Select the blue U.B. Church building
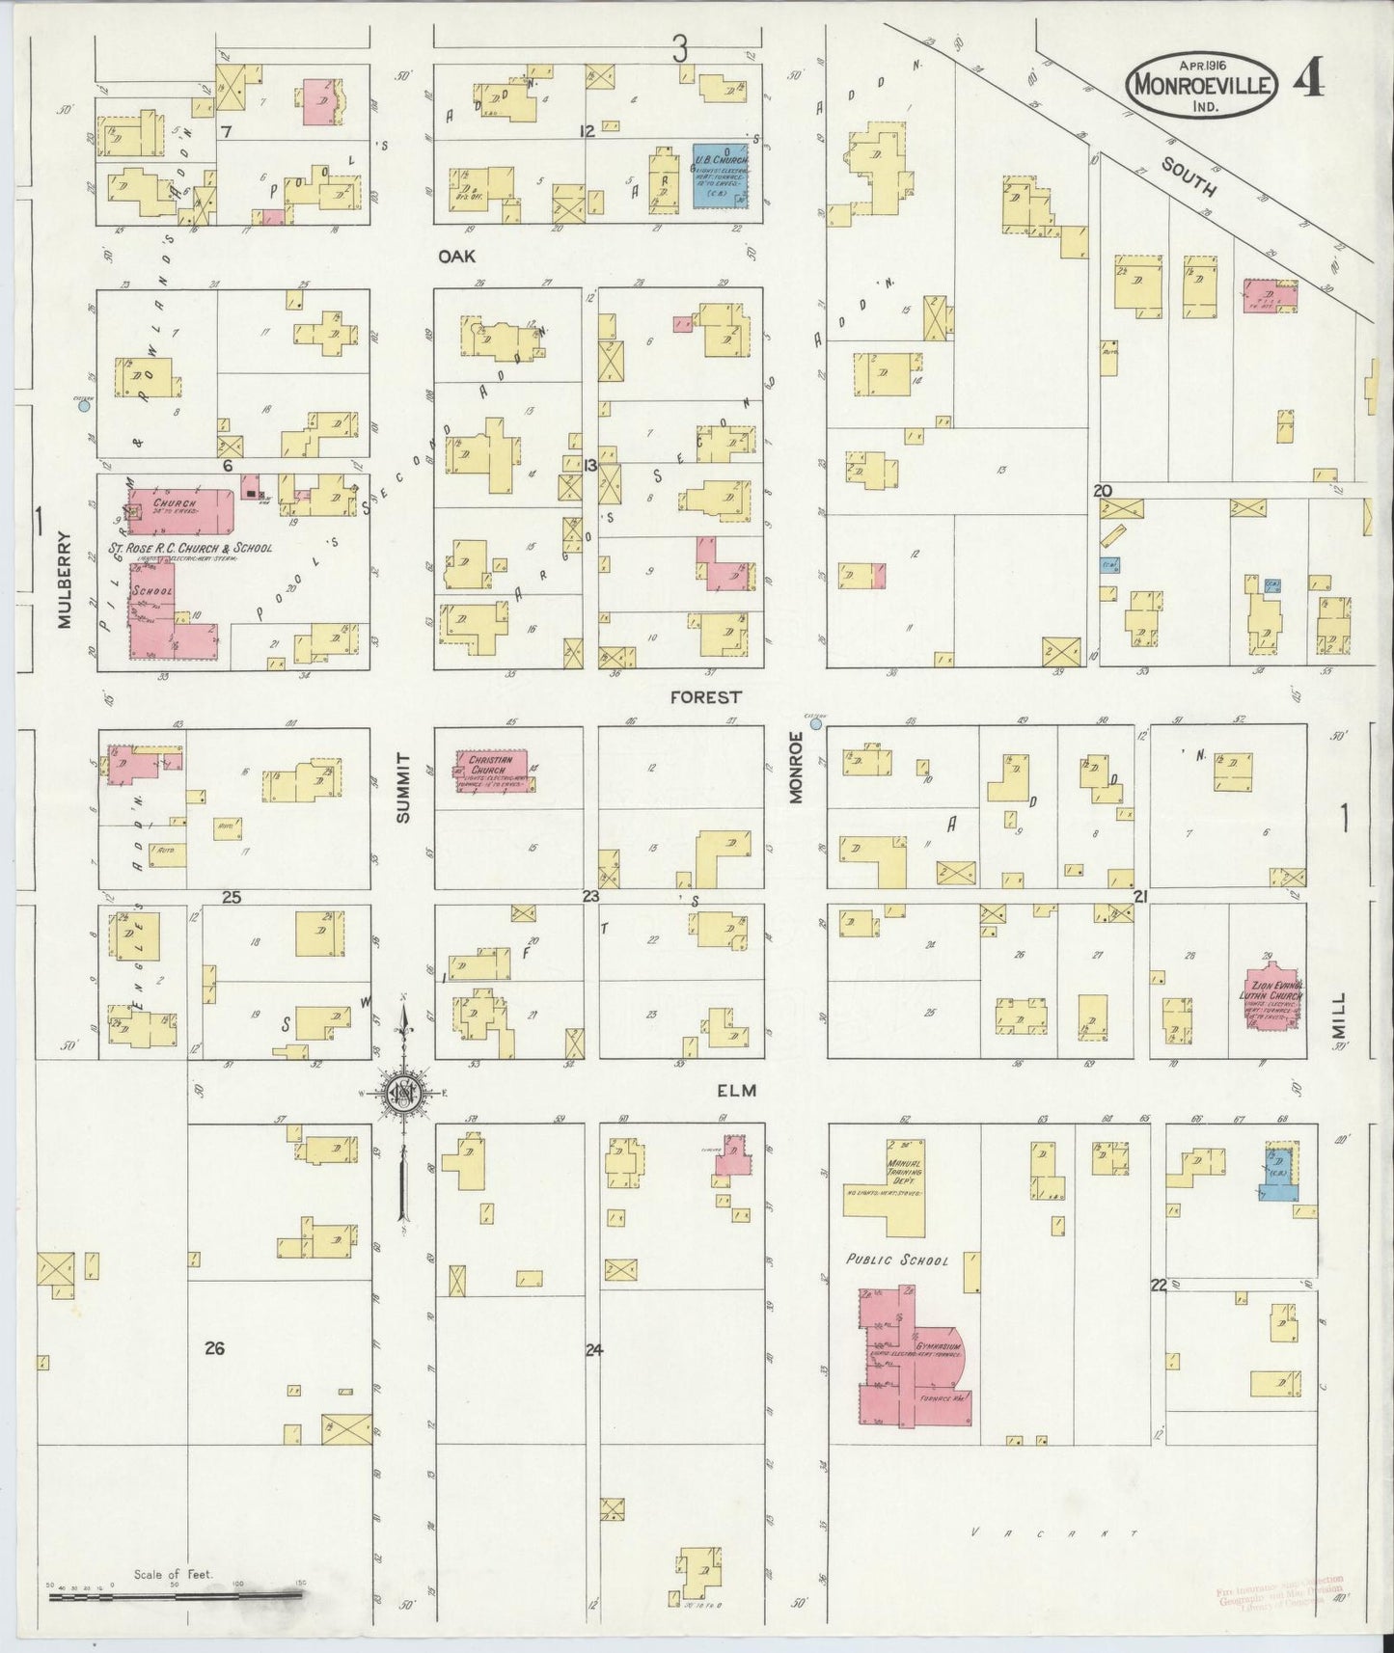coord(722,174)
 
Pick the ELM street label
coord(735,1091)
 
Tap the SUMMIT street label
coord(403,788)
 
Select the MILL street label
coord(1339,1016)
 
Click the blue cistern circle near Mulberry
coord(84,406)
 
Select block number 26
coord(214,1348)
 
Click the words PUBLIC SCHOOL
coord(897,1260)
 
